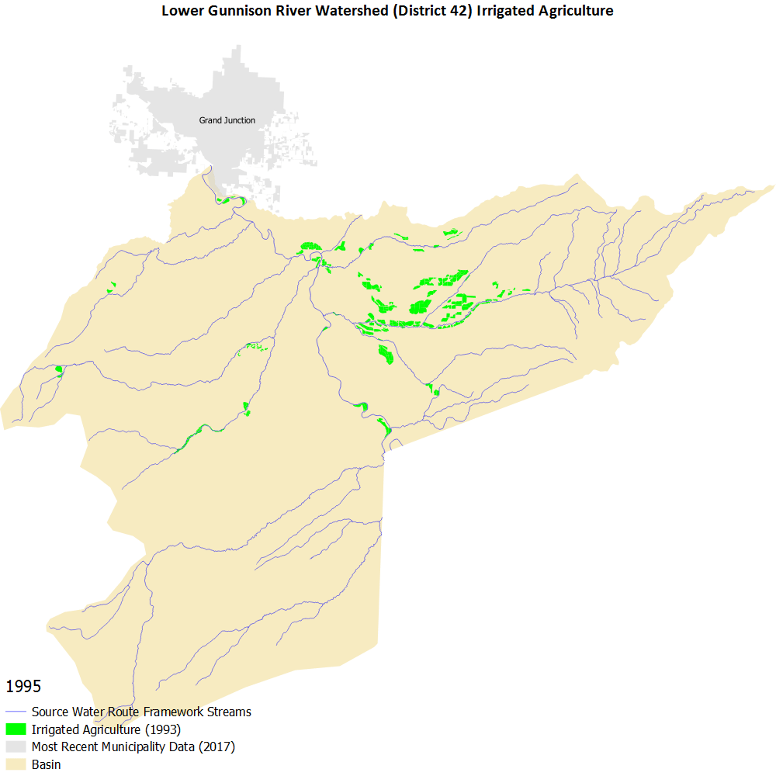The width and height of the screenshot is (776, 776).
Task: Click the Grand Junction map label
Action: tap(227, 120)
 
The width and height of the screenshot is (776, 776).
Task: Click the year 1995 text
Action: tap(23, 687)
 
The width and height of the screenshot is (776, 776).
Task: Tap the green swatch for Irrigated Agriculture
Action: tap(16, 729)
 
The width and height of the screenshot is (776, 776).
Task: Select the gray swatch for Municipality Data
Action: tap(16, 747)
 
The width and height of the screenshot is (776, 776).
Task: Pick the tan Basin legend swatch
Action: tap(16, 765)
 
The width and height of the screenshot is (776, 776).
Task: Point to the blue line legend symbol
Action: tap(16, 712)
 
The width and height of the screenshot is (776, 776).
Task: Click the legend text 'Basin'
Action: tap(46, 765)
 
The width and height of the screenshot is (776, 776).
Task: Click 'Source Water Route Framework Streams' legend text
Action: tap(141, 712)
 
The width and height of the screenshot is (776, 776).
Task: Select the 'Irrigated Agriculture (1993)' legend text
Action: tap(106, 729)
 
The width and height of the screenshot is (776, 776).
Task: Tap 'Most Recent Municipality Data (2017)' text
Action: tap(133, 747)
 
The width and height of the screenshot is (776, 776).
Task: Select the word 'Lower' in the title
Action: tap(179, 12)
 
